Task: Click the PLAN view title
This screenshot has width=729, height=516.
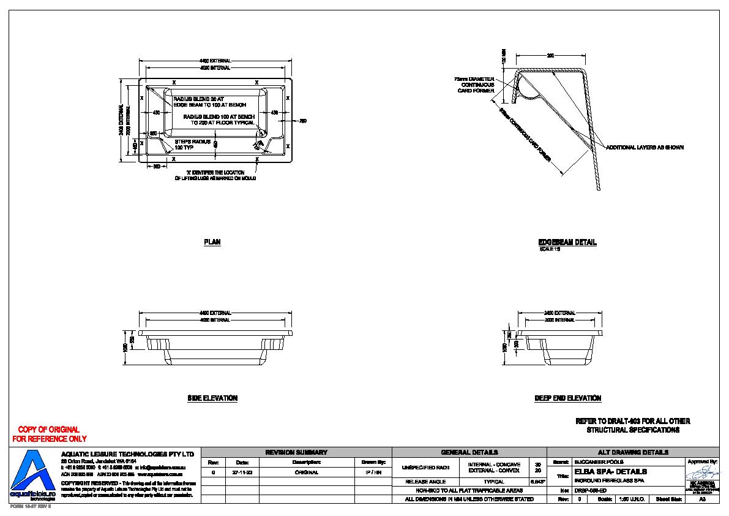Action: point(212,242)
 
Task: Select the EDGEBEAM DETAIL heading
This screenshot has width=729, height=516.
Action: point(567,242)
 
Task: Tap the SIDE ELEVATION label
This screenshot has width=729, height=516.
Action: point(212,398)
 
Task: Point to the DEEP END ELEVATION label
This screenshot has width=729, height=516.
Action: point(567,398)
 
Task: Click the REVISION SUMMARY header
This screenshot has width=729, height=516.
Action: point(296,452)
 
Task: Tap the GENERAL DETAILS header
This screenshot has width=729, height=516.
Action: point(469,452)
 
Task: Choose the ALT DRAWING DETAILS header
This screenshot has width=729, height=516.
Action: point(632,452)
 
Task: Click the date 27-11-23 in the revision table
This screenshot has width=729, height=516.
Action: point(242,472)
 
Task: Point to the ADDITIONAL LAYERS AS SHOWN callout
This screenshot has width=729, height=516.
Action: point(645,148)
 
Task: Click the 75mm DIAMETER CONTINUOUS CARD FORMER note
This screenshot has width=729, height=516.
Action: point(474,85)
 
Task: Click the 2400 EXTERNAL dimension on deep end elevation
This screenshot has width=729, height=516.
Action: point(559,313)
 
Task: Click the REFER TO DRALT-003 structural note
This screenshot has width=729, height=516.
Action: point(632,425)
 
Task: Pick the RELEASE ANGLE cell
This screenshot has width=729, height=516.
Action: point(425,482)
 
